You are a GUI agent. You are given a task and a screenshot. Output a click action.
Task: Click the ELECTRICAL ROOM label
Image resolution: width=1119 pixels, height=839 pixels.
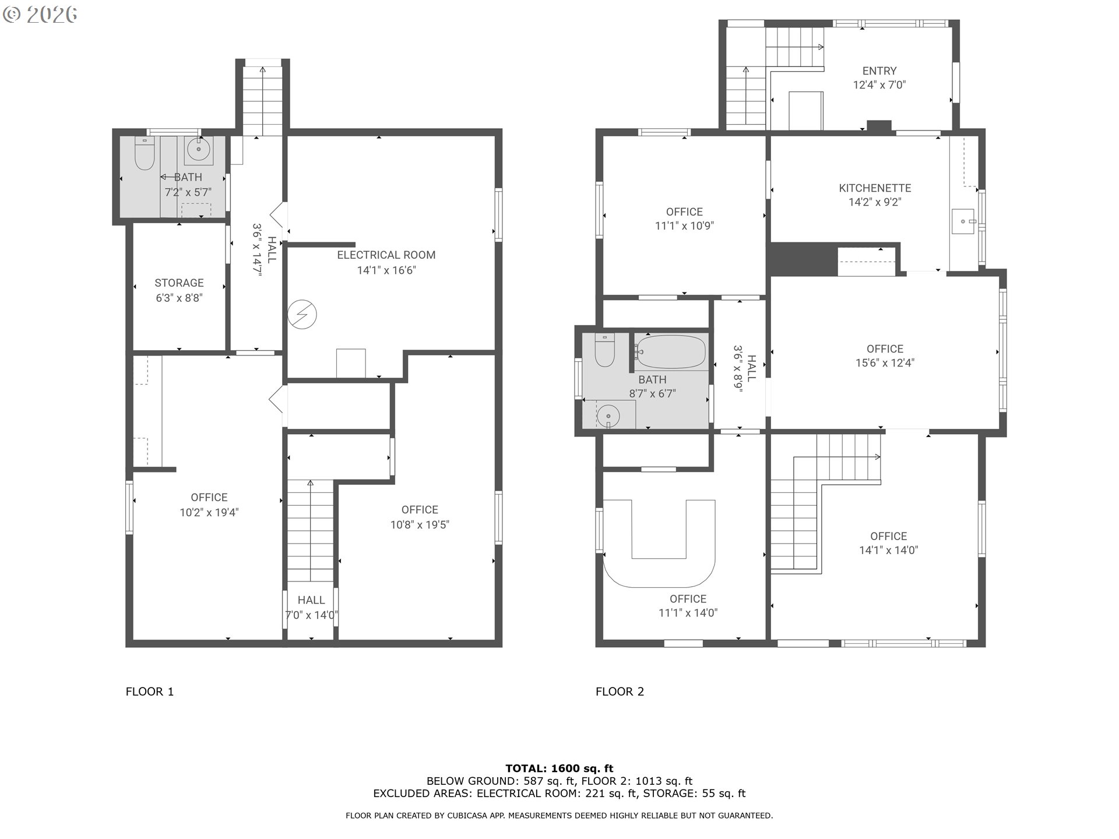386,255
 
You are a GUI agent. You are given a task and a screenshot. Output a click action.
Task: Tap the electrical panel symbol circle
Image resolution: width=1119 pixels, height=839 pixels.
302,315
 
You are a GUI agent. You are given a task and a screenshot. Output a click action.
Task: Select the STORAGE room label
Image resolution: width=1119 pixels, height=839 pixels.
179,283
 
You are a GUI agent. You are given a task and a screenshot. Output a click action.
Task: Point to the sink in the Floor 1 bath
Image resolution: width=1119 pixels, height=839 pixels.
199,150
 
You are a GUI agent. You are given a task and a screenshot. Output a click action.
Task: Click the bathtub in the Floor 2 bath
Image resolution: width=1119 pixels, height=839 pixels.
671,351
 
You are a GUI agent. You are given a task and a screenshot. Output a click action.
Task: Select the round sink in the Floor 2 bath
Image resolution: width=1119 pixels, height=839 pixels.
608,416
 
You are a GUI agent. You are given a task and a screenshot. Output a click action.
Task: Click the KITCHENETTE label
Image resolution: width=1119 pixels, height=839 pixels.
875,188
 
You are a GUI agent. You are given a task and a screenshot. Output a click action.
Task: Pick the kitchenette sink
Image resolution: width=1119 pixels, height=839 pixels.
964,221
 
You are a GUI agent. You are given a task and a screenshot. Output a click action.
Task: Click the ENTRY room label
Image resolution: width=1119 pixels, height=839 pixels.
879,71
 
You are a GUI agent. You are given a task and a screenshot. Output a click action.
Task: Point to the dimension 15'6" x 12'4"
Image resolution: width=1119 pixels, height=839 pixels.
885,363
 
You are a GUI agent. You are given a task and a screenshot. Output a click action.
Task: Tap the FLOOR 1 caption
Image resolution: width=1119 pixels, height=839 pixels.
150,692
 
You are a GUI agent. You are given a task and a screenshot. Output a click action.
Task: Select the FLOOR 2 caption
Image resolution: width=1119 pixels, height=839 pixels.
620,692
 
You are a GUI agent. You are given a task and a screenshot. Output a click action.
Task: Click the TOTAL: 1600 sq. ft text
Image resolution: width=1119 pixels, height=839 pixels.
559,769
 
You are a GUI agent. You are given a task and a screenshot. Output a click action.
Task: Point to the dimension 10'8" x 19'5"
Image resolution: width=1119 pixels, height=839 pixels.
420,525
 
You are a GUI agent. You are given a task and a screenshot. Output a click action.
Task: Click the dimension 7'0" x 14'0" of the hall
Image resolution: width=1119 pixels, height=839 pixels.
311,615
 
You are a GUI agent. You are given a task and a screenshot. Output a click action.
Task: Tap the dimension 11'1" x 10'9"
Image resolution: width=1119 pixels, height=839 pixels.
684,226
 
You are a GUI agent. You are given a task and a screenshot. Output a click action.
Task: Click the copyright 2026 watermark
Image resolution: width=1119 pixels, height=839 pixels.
40,15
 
